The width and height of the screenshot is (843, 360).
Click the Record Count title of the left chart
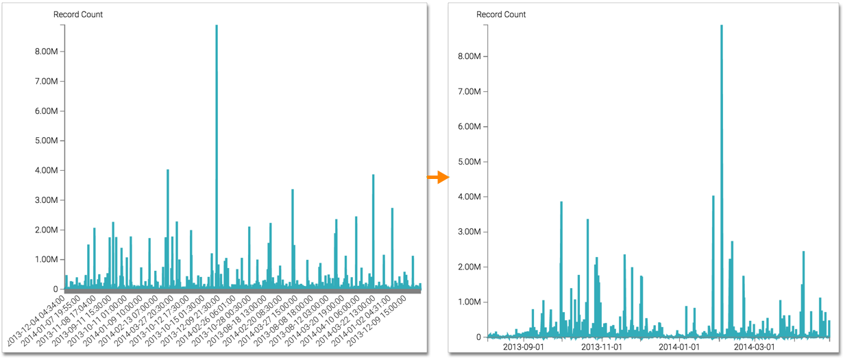(78, 14)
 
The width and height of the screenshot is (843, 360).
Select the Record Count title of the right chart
(501, 14)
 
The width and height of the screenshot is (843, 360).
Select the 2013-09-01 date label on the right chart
(524, 347)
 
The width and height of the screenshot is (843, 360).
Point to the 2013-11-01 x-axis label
(602, 347)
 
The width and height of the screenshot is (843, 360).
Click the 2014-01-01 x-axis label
(679, 347)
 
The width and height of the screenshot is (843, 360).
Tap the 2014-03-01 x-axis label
(755, 347)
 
